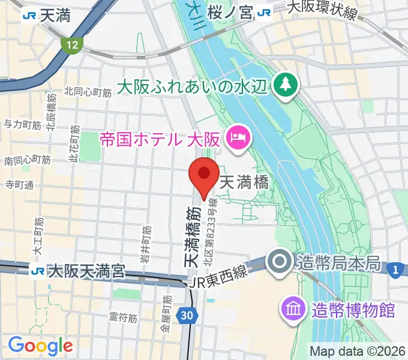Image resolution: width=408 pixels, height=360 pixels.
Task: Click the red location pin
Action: pos(204,175)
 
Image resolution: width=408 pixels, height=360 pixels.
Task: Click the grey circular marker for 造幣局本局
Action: pos(280,262)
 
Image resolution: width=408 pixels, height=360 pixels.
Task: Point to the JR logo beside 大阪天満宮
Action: pos(38,271)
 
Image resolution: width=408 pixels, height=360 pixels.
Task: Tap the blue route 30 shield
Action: pos(187,314)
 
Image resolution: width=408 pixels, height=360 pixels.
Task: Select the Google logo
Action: pos(40,345)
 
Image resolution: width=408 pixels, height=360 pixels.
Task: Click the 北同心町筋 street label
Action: pos(88,92)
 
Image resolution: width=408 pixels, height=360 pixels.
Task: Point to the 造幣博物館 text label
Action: pos(353,310)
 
